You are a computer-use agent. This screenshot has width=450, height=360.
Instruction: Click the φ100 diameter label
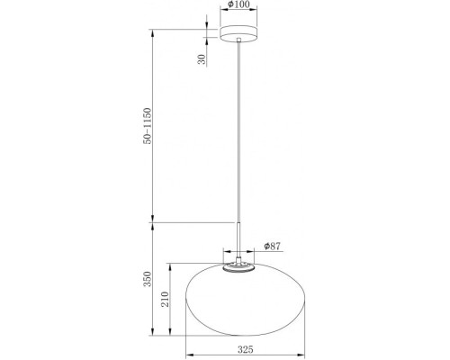(x=238, y=5)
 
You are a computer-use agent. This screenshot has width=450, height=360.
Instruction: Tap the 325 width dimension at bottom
(x=238, y=346)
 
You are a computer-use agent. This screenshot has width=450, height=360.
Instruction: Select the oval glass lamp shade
(x=238, y=301)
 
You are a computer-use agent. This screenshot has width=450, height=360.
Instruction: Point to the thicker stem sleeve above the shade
(x=238, y=238)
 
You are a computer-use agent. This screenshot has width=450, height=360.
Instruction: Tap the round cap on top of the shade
(x=238, y=265)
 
